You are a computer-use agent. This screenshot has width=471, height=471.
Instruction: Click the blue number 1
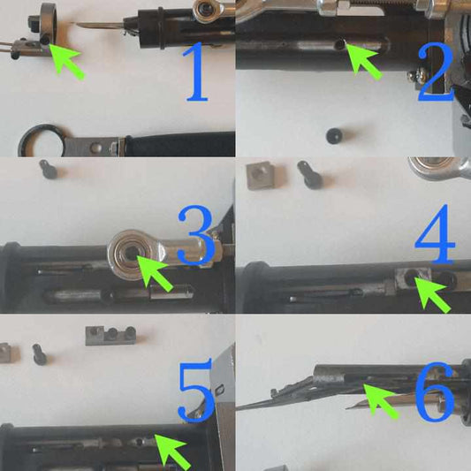point(197,72)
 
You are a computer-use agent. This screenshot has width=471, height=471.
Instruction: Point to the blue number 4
point(435,235)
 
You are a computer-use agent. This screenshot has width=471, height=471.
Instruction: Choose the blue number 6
point(435,391)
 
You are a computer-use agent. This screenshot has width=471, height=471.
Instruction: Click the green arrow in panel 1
point(66,62)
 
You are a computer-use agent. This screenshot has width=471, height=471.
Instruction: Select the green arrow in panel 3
point(155,273)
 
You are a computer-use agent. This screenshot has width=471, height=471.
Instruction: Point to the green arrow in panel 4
point(432,295)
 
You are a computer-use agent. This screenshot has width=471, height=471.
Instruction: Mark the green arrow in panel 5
point(172,452)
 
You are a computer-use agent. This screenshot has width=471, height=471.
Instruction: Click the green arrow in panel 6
point(381,401)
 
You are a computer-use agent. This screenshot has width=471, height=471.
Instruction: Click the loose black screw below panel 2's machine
point(334,136)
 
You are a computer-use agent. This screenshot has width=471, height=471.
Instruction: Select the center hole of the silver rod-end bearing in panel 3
point(131,252)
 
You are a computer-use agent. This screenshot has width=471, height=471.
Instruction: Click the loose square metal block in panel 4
point(261,176)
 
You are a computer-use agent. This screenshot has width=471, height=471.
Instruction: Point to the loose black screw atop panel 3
point(49,169)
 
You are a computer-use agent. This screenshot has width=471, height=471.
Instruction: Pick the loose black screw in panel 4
point(310,175)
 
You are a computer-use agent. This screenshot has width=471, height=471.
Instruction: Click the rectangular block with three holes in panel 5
point(110,336)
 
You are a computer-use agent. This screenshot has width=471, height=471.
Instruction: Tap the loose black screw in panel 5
point(40,354)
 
